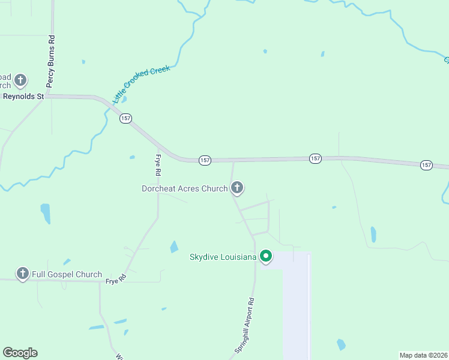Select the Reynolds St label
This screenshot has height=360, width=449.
click(x=24, y=96)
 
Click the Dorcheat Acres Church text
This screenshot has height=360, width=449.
click(x=184, y=188)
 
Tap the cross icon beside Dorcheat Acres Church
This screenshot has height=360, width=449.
click(x=237, y=188)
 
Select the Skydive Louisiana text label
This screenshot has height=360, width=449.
click(x=223, y=257)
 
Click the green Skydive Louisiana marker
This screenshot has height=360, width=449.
click(x=265, y=257)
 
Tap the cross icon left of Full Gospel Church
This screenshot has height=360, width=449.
click(x=23, y=274)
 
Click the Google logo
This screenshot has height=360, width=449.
click(x=20, y=353)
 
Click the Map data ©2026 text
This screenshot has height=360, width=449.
click(x=423, y=355)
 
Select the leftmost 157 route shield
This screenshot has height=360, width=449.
click(x=125, y=118)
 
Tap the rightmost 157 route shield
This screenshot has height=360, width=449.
click(x=426, y=164)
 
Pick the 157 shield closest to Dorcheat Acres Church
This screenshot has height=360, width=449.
click(x=205, y=160)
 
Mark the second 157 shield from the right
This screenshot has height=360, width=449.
click(x=315, y=158)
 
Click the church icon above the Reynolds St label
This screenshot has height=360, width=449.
click(x=20, y=80)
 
